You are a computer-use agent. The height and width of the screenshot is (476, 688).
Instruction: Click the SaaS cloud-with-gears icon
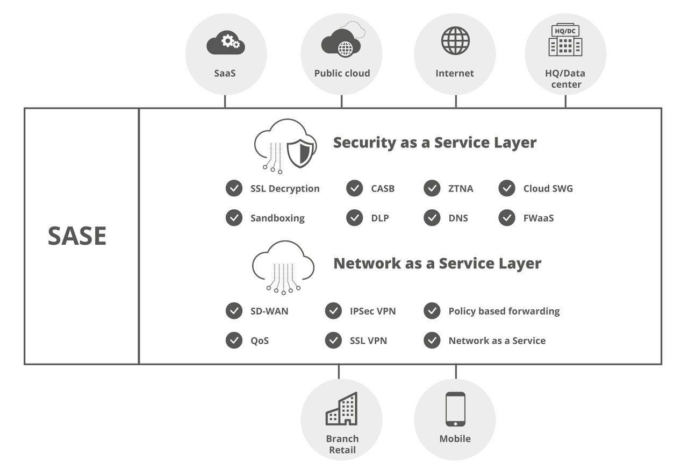226,43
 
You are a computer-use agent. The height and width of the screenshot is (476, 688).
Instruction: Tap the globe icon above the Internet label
455,40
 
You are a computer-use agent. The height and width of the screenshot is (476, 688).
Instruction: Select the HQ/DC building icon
565,40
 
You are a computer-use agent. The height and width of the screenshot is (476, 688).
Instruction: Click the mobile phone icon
455,409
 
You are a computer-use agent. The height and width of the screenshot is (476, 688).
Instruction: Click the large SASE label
77,236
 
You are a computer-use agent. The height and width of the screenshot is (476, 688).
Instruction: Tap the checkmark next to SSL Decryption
234,188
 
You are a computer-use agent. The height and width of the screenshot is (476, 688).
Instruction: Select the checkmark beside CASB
354,188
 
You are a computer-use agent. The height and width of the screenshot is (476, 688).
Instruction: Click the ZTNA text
461,189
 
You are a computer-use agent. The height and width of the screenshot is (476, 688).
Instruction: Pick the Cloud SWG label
548,189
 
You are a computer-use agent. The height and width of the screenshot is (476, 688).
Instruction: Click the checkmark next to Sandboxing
234,218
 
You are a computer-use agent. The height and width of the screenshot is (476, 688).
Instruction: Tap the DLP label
379,218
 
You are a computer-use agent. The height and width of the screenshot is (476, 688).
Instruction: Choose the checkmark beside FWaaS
507,218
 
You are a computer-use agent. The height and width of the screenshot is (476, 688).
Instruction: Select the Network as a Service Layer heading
437,264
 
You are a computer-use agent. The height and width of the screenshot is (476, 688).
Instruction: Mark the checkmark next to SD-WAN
234,311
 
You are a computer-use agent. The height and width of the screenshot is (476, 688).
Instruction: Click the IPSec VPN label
372,311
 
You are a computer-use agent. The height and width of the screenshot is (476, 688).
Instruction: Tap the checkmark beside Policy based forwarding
432,311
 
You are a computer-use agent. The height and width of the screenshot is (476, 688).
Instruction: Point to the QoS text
260,341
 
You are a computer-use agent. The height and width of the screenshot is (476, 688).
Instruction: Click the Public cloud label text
342,74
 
